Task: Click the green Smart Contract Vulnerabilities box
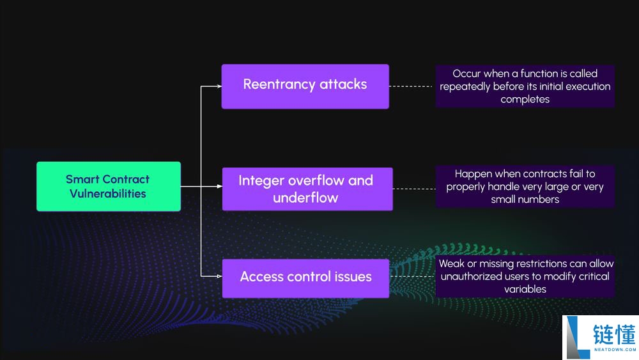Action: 109,186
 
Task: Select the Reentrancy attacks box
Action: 305,86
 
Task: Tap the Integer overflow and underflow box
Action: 307,189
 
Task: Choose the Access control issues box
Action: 305,278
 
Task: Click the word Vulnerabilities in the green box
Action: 108,194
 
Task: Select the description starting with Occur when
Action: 525,86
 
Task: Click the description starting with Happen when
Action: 525,186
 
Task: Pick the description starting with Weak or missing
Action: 525,276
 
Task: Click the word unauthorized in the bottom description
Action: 472,276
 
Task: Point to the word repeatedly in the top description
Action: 465,86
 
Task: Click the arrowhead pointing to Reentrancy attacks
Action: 219,86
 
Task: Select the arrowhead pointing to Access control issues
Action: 219,276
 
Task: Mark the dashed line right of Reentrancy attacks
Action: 412,86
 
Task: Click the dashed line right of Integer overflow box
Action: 413,189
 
